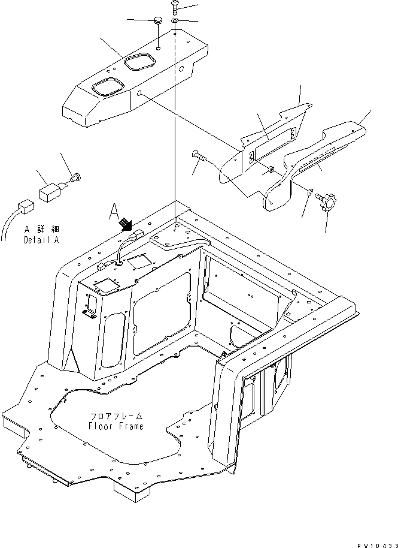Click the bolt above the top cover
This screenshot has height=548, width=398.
pyautogui.click(x=174, y=7)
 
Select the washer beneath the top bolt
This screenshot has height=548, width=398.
pyautogui.click(x=175, y=22)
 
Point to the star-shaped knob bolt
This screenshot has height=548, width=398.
pyautogui.click(x=329, y=202)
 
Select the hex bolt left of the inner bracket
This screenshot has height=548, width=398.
pyautogui.click(x=200, y=156)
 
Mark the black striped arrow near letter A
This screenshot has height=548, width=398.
pyautogui.click(x=126, y=224)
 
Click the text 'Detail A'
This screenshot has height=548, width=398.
pyautogui.click(x=42, y=240)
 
